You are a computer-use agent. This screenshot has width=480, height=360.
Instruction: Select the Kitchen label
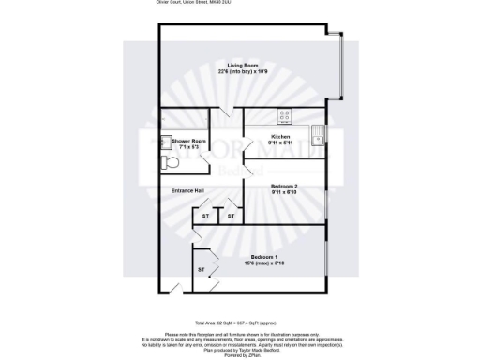(280, 137)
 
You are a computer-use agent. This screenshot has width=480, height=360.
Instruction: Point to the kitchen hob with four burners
(286, 116)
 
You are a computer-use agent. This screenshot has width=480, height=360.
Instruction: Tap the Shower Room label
(187, 141)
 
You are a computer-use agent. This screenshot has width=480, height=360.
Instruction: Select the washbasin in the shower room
(163, 142)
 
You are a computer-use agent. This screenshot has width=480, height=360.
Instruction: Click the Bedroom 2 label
(284, 186)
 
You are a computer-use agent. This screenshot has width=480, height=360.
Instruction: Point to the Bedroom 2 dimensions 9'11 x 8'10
(284, 193)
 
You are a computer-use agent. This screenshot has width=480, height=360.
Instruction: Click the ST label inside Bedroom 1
(201, 270)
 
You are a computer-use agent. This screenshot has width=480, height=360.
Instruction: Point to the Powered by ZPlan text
(240, 356)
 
